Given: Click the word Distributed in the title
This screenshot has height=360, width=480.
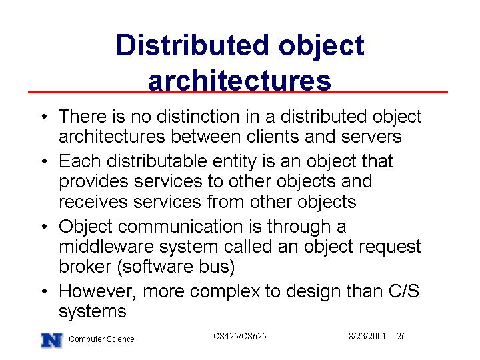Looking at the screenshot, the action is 193,45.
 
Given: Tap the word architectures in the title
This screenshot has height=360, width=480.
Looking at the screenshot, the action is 239,80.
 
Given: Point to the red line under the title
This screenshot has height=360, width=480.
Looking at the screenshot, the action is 238,92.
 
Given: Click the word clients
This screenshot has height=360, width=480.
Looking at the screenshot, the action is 272,136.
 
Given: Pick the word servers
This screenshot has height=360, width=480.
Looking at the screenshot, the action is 371,137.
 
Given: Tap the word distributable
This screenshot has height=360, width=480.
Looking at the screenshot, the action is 157,161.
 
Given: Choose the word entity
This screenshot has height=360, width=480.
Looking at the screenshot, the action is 235,162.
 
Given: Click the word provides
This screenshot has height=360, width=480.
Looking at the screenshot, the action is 94,182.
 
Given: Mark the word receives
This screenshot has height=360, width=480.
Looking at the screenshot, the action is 93,203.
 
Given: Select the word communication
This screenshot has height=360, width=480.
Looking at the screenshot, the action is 180,227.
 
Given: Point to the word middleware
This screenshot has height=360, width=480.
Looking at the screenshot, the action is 106,247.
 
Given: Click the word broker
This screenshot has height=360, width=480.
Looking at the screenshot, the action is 85,266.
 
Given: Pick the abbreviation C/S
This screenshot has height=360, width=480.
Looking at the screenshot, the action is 404,291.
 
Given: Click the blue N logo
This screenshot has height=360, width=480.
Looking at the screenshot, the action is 52,340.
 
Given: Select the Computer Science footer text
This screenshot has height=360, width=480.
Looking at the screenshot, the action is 101,339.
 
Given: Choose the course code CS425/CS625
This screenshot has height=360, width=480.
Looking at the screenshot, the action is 240,336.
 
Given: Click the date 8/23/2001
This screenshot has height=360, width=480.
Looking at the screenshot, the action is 367,336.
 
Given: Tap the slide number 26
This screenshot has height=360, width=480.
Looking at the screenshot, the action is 401,336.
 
